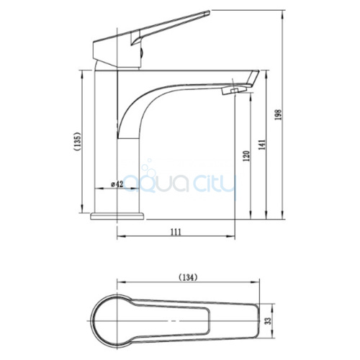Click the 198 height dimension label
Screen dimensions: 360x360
click(279, 114)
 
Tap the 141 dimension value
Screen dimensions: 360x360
click(262, 145)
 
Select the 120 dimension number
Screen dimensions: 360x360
click(247, 156)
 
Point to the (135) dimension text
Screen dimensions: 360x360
click(78, 141)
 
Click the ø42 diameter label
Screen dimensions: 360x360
click(117, 184)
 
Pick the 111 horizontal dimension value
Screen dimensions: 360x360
click(176, 232)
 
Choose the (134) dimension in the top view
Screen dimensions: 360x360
click(188, 277)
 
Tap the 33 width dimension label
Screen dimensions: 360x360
click(269, 321)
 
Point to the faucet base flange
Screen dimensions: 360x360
click(117, 216)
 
